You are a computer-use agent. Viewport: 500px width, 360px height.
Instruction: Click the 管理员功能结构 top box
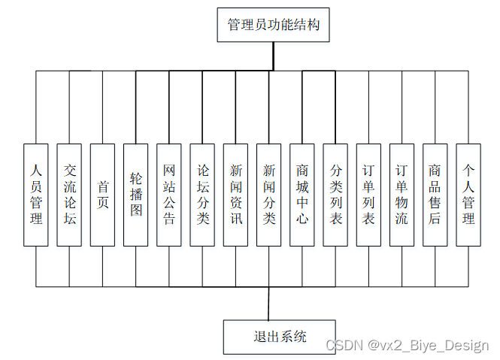click(x=273, y=25)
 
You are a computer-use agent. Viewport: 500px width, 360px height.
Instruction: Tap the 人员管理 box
click(x=35, y=195)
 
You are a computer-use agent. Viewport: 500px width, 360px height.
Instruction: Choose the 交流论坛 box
click(x=69, y=195)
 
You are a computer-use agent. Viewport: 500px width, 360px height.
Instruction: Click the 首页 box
click(x=102, y=195)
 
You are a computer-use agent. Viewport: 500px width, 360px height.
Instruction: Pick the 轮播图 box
click(x=135, y=195)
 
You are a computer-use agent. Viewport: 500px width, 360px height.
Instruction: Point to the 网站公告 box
click(x=168, y=195)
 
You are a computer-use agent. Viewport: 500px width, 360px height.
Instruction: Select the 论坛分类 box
click(x=202, y=195)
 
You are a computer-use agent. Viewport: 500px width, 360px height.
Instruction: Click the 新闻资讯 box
click(x=235, y=195)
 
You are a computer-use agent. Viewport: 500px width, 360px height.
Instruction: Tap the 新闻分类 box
click(x=268, y=195)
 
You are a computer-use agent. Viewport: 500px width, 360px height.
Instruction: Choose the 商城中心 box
click(x=302, y=195)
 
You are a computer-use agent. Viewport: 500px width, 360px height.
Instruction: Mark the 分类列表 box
click(x=335, y=195)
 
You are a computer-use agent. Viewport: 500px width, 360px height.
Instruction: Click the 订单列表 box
click(x=368, y=195)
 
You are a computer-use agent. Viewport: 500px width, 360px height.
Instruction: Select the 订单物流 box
click(x=402, y=195)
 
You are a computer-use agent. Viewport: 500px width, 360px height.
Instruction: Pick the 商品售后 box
click(x=435, y=195)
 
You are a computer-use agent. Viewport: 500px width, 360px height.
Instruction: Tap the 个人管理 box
click(x=468, y=195)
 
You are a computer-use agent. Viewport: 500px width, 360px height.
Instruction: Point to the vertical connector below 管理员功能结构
click(x=273, y=56)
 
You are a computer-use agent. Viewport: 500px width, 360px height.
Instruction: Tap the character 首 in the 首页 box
click(x=102, y=185)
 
